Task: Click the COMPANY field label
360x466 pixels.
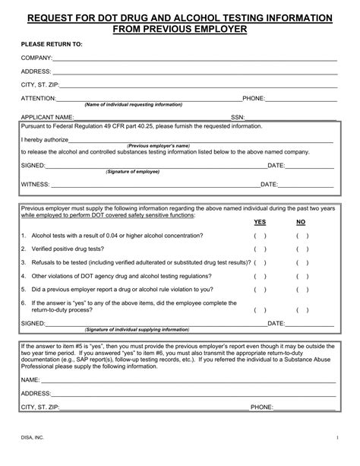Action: click(36, 58)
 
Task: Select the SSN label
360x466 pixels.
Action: click(238, 117)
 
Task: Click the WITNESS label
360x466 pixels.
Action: click(36, 184)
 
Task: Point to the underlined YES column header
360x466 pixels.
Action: click(260, 222)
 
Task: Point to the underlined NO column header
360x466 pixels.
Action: click(301, 222)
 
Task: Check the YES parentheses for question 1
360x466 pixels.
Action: click(260, 236)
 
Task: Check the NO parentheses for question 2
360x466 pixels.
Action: click(302, 249)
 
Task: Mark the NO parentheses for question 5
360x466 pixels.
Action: click(302, 290)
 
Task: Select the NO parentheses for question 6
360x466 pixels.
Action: click(302, 309)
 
